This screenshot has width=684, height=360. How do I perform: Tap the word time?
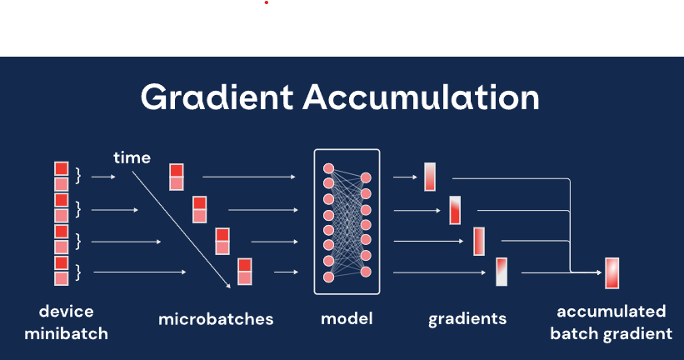(x=132, y=157)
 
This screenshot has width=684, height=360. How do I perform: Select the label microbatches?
(x=216, y=319)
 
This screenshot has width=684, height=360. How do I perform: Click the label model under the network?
(x=347, y=318)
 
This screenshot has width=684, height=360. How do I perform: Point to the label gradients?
(x=467, y=319)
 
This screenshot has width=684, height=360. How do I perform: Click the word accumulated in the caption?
(x=612, y=312)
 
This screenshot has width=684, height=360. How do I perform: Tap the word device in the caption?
(x=66, y=312)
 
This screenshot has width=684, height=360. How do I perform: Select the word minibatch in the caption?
(x=66, y=334)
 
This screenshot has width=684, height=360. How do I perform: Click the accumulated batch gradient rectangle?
(x=612, y=272)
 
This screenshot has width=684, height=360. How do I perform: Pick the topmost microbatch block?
(x=177, y=177)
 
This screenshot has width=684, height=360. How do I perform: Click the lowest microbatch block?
(x=245, y=272)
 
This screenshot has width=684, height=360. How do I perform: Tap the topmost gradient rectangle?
(x=430, y=177)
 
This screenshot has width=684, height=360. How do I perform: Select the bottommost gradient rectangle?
(x=502, y=272)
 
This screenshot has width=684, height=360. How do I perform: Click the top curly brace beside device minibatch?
(x=78, y=176)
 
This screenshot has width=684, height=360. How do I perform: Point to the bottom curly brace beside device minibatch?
(x=78, y=271)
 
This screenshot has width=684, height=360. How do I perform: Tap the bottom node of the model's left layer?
(x=328, y=276)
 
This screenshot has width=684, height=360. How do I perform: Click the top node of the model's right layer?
(x=366, y=177)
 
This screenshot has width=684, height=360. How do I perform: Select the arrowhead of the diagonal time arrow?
(x=229, y=288)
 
